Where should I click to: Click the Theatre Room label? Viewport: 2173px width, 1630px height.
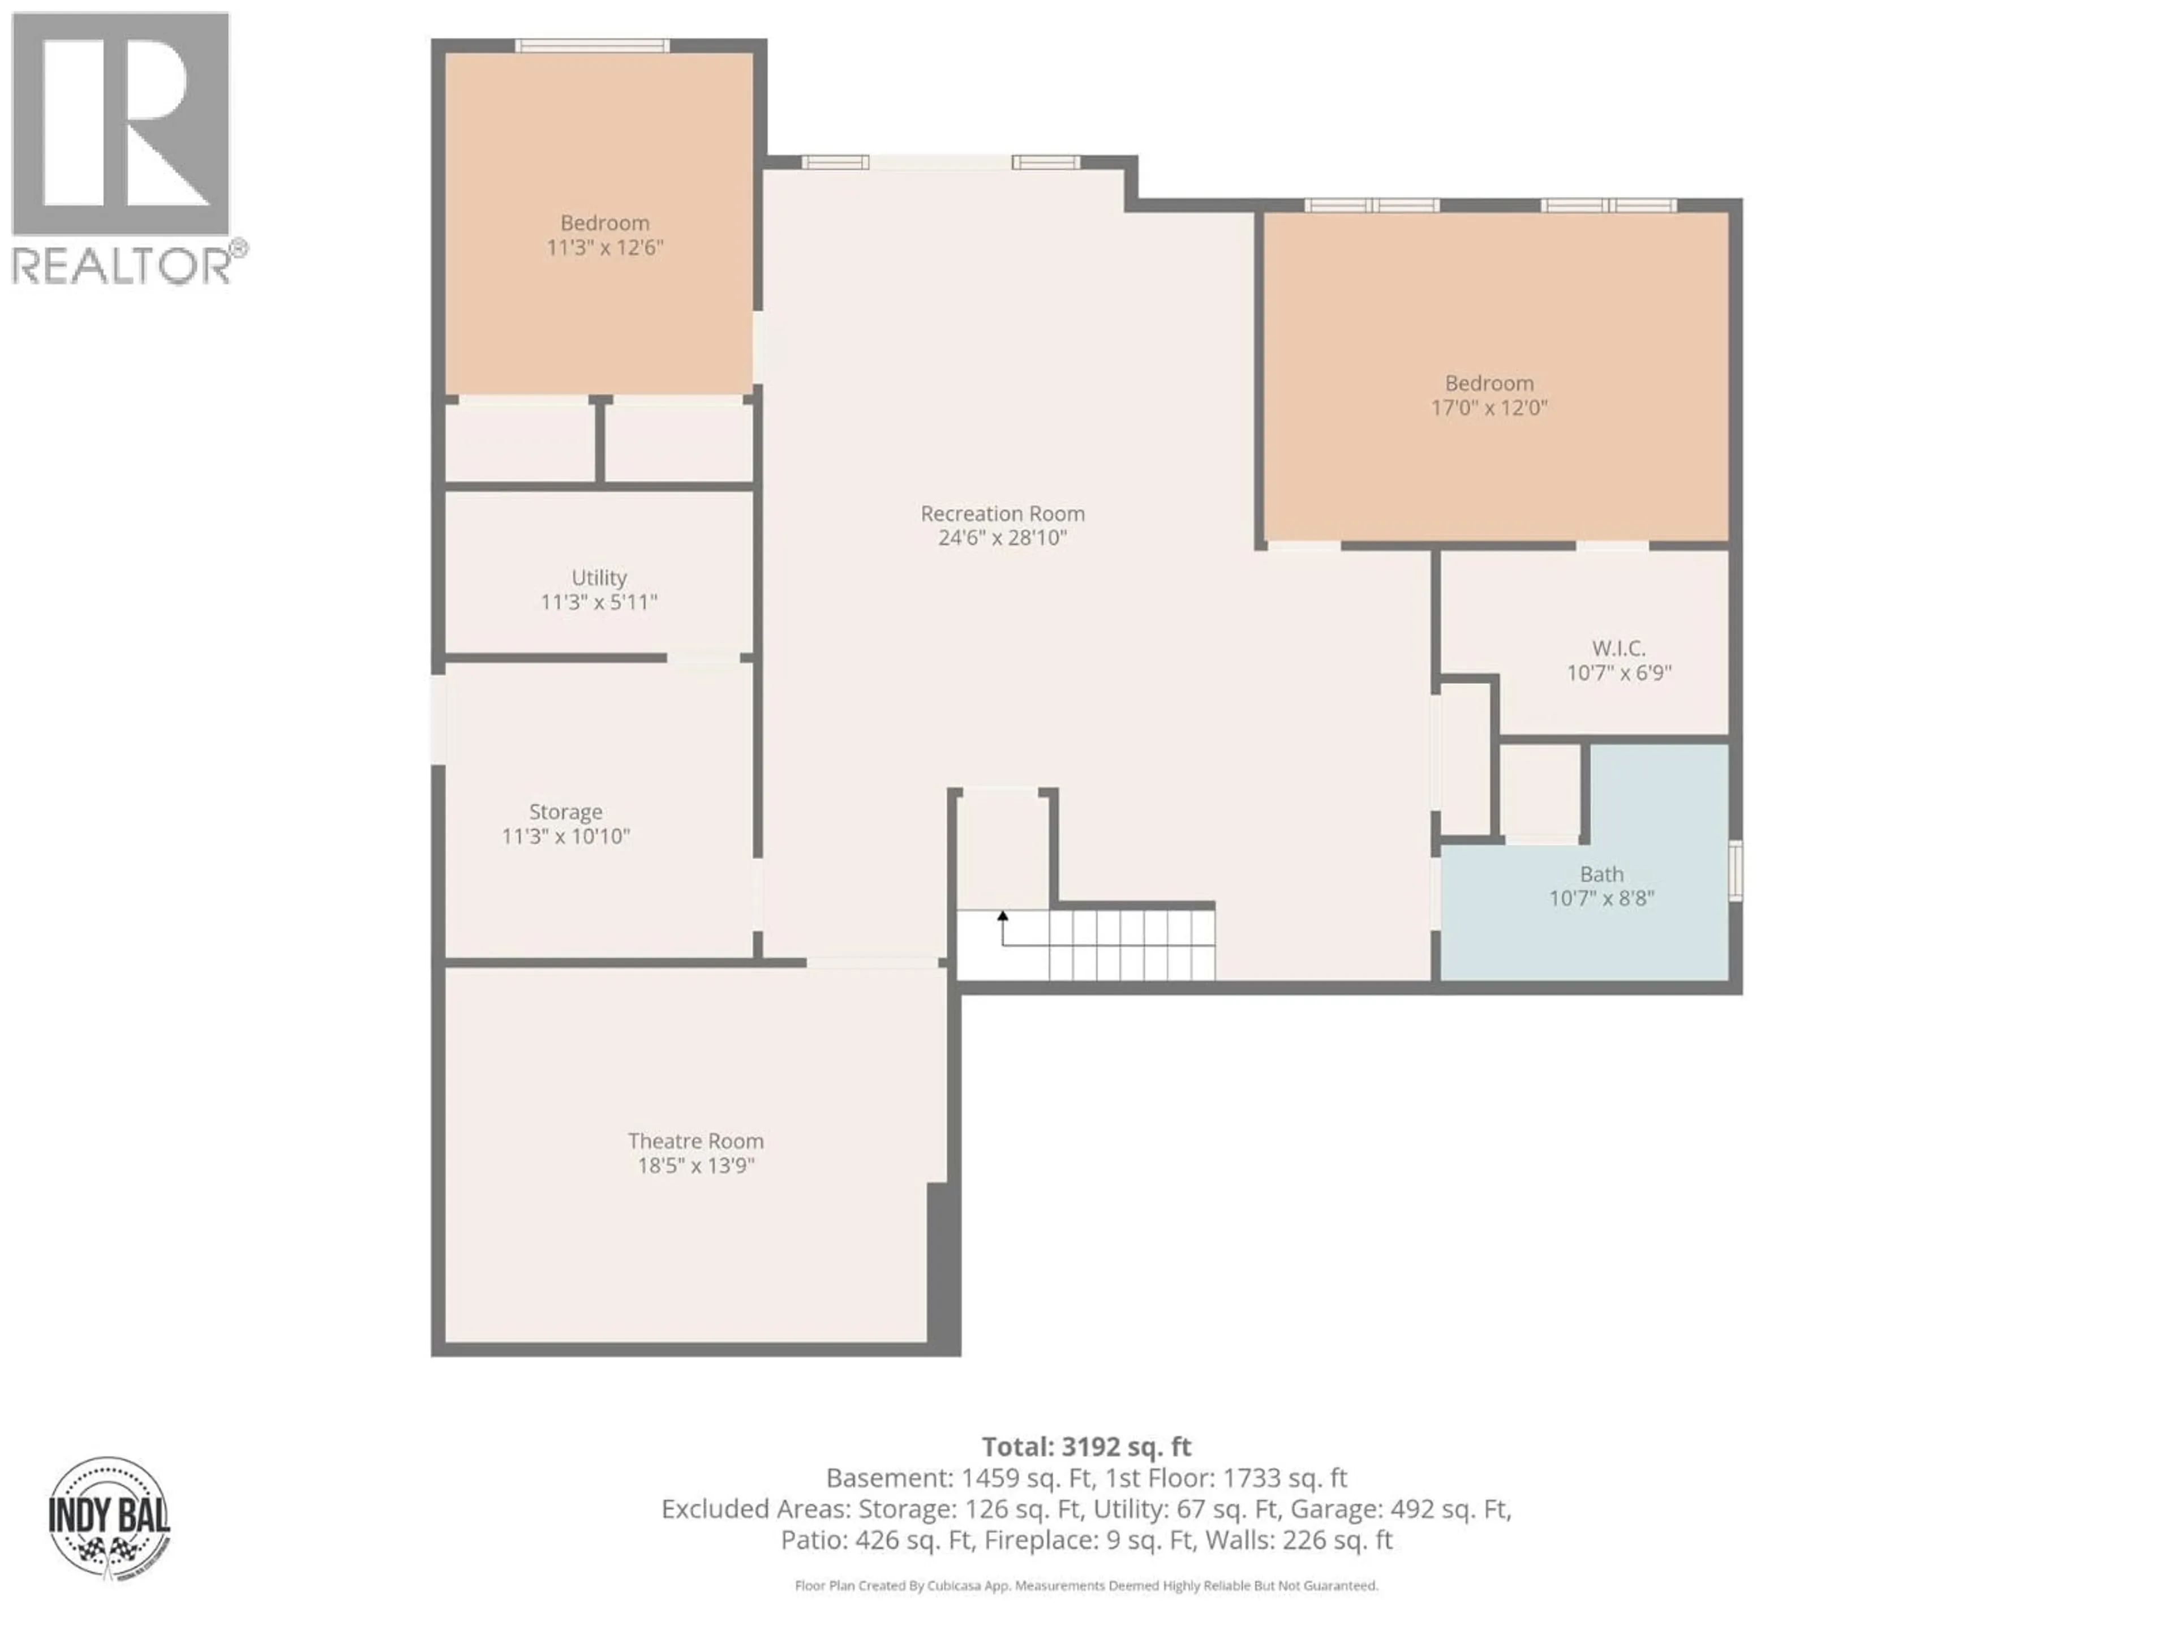point(695,1140)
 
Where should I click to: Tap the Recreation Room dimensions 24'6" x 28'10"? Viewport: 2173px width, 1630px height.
point(1002,538)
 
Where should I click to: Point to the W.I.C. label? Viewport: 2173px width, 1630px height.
point(1618,649)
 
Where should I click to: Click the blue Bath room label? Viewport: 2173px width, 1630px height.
point(1601,873)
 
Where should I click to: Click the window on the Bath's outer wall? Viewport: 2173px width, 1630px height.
point(1736,870)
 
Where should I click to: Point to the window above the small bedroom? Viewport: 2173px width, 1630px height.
point(592,45)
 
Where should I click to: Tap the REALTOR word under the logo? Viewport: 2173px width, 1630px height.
point(122,265)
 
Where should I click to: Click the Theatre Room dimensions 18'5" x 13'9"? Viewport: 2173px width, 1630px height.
point(695,1165)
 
